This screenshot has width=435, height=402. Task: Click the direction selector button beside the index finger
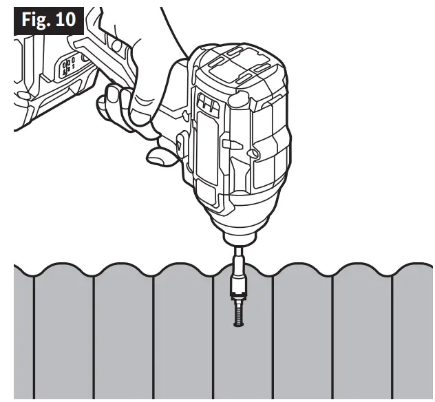(x=180, y=145)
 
